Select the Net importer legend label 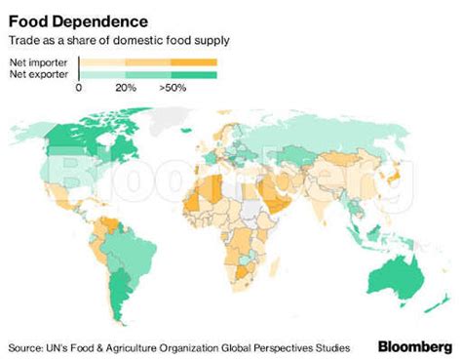[36, 61]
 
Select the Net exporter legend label [36, 74]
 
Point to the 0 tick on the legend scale [78, 88]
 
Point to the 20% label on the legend [125, 88]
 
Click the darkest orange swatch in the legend [194, 61]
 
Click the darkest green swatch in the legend [194, 74]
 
